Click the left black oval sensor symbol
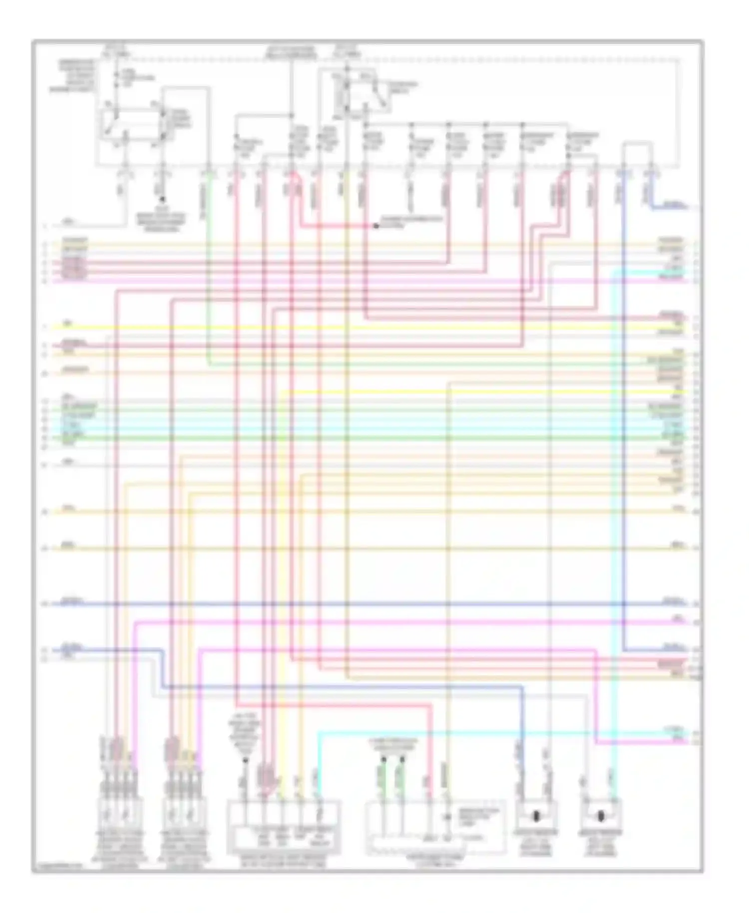tap(536, 817)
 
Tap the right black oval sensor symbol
tap(601, 817)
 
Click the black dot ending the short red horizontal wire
tap(376, 226)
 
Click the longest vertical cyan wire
tap(613, 499)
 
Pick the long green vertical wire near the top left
tap(208, 270)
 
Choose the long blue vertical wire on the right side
tap(624, 400)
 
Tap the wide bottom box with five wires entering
tap(284, 827)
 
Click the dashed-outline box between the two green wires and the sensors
tap(435, 827)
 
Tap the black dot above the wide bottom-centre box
tap(245, 760)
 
